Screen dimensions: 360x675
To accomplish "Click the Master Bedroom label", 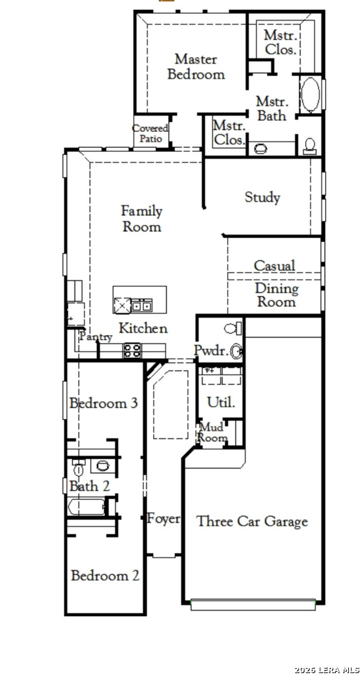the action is pos(196,66).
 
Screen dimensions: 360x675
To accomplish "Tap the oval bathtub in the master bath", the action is pos(310,95).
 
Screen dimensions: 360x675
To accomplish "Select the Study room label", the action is pos(262,197).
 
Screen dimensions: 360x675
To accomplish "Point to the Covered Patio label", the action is pos(150,133).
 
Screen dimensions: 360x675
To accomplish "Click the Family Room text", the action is pos(142,219).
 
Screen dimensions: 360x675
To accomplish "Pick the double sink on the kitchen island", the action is pos(141,306).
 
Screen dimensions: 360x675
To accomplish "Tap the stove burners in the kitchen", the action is pos(132,350).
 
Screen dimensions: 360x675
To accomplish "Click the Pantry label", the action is pos(96,337).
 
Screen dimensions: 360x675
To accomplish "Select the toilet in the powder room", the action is pos(233,329).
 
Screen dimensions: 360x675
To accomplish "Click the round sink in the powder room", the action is pos(236,352).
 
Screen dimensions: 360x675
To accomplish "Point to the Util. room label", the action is pos(221,402).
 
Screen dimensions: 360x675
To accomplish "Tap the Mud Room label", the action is pos(212,432).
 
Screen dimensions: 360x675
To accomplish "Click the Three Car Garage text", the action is pos(252,521).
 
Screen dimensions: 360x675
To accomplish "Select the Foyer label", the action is pos(164,518).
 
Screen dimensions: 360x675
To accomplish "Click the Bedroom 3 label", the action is pos(104,403).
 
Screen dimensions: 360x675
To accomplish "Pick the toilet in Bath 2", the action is pos(78,467).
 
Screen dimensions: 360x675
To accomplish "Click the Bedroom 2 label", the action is pos(105,576).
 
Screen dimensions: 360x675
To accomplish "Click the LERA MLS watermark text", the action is pos(327,670).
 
